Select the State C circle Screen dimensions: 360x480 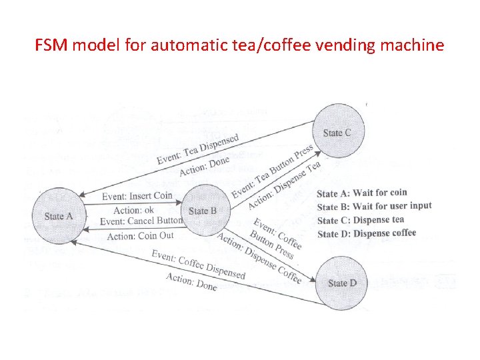(337, 133)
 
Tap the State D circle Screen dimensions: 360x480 (342, 283)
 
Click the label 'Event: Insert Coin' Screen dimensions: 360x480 (137, 196)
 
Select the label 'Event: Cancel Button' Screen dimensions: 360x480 (141, 221)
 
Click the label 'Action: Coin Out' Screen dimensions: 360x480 (140, 235)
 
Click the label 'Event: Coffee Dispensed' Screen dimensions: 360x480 (198, 265)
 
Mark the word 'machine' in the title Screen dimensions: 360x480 (416, 46)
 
